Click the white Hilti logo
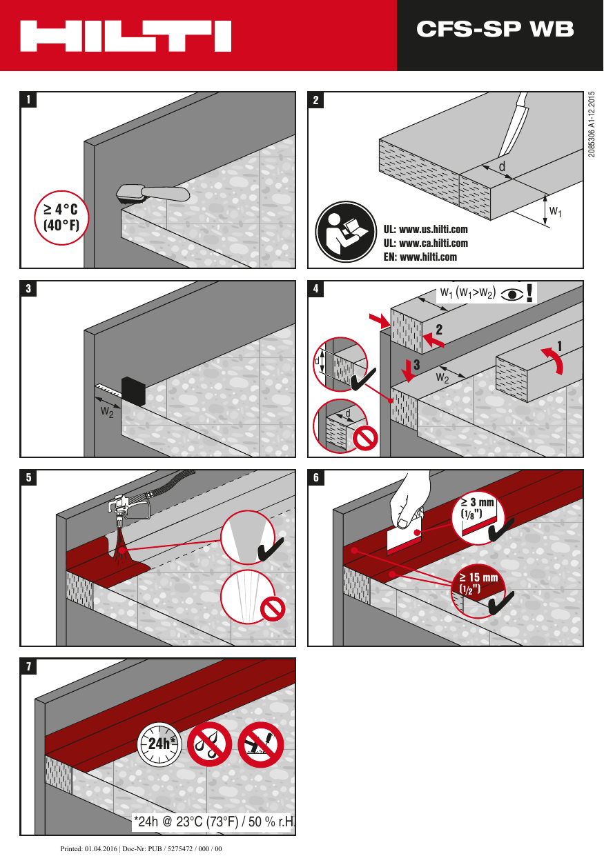[126, 36]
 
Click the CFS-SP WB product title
[495, 29]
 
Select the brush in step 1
[152, 192]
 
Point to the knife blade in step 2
[514, 127]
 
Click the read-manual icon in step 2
[343, 232]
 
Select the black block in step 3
[133, 391]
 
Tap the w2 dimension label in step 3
[107, 412]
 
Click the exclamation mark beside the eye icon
[529, 293]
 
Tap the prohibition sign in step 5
[273, 609]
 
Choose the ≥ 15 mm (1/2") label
[478, 582]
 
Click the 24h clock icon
[159, 744]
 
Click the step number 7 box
[28, 666]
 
